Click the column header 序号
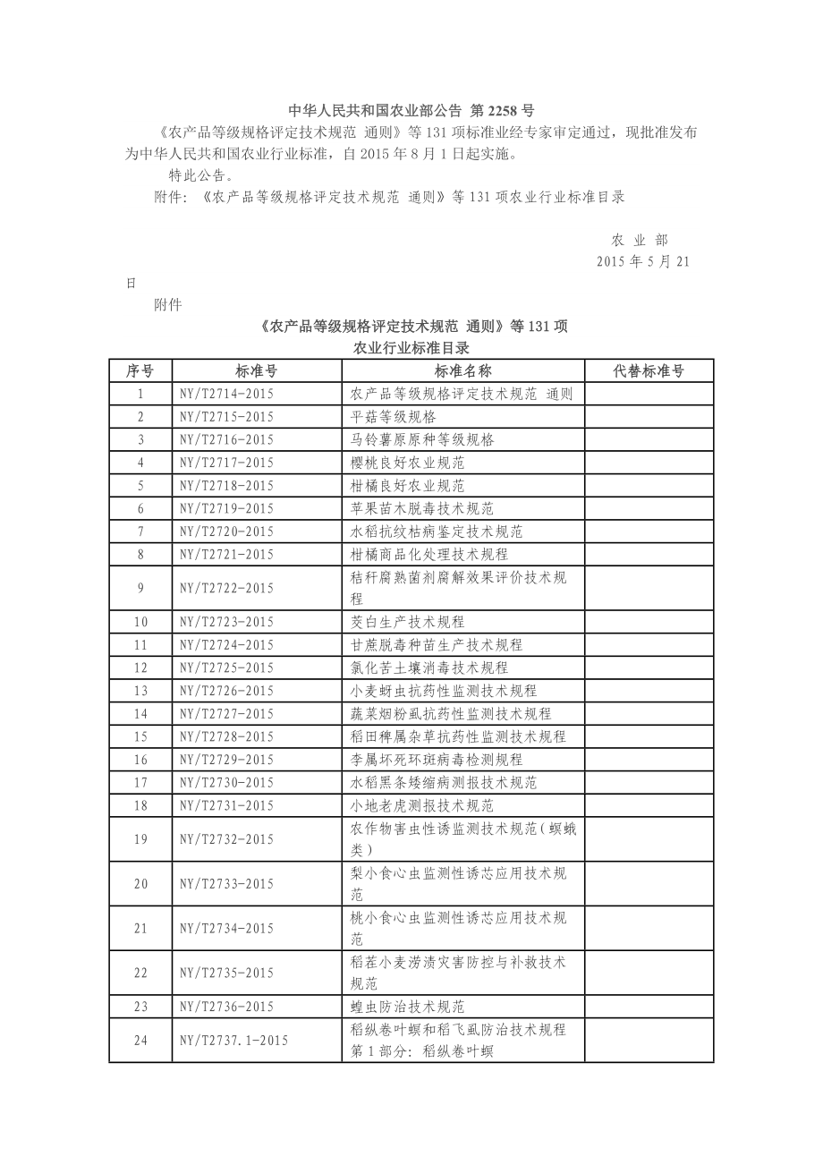coord(140,370)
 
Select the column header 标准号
coord(256,370)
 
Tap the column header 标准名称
coord(462,370)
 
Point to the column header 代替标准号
coord(649,370)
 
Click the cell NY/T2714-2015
coord(226,394)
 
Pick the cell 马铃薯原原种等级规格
coord(421,439)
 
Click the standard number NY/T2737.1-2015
coord(233,1040)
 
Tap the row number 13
coord(140,691)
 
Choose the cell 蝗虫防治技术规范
coord(407,1007)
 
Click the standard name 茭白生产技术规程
coord(407,622)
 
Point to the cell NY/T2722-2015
coord(226,588)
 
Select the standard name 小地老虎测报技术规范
coord(421,805)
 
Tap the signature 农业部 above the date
coord(640,240)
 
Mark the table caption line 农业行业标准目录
coord(411,347)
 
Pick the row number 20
coord(140,884)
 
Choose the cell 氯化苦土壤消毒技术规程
coord(428,668)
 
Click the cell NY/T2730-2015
coord(226,782)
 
